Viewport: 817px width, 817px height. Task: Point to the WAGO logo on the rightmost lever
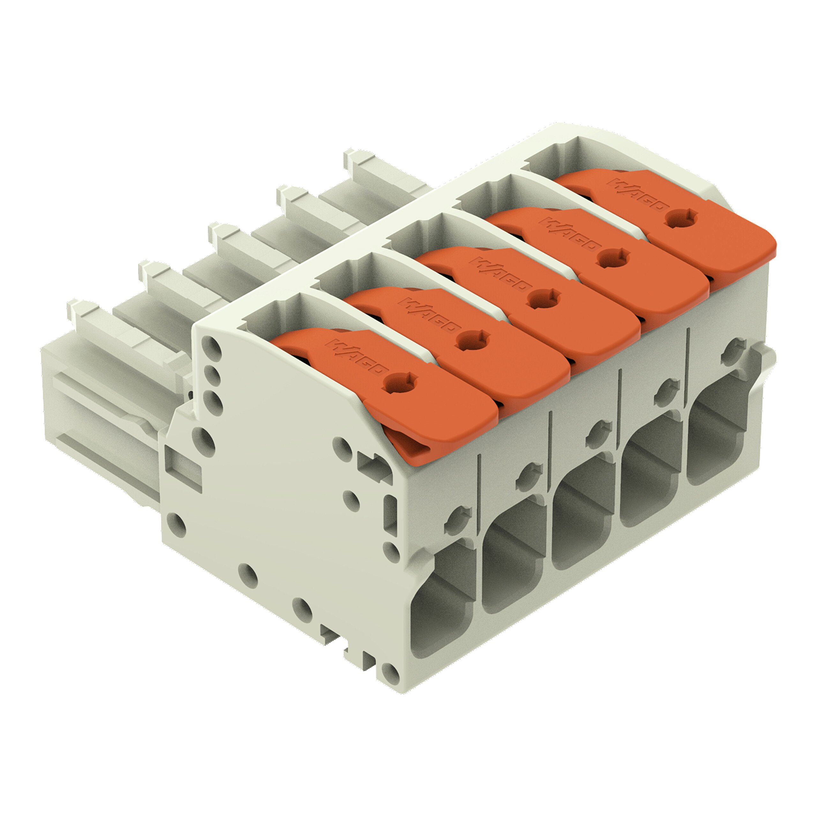coord(639,199)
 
